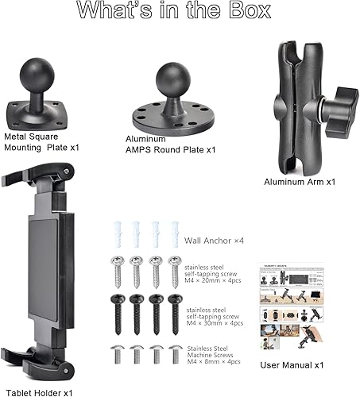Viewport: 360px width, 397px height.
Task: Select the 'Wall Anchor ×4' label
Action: (213, 239)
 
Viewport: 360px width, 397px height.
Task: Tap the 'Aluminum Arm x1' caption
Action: (299, 181)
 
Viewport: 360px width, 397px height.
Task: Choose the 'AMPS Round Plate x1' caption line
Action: (170, 149)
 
